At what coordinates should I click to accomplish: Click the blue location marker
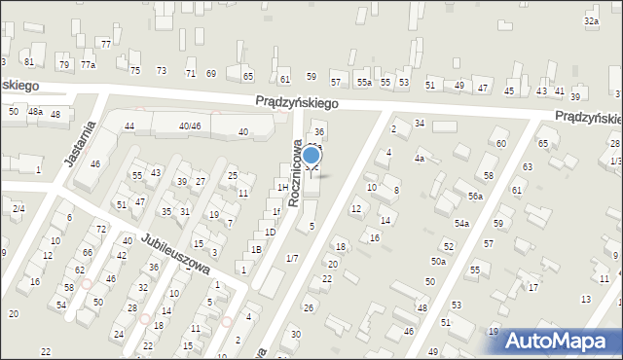tap(311, 155)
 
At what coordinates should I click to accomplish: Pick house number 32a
tap(591, 20)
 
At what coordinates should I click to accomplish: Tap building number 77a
tap(88, 64)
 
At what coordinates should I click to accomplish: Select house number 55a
tap(363, 83)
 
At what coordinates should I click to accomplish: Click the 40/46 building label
tap(189, 126)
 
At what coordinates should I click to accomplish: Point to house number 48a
tap(35, 112)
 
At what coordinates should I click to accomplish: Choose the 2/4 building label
tap(18, 208)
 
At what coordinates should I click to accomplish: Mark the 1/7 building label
tap(292, 258)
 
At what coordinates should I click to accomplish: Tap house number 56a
tap(474, 197)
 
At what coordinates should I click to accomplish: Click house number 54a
tap(461, 224)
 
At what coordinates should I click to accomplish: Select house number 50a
tap(439, 261)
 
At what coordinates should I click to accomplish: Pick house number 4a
tap(419, 158)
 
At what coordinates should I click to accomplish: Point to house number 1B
tap(256, 250)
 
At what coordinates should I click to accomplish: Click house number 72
tap(101, 229)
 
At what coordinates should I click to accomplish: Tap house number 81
tap(29, 61)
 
